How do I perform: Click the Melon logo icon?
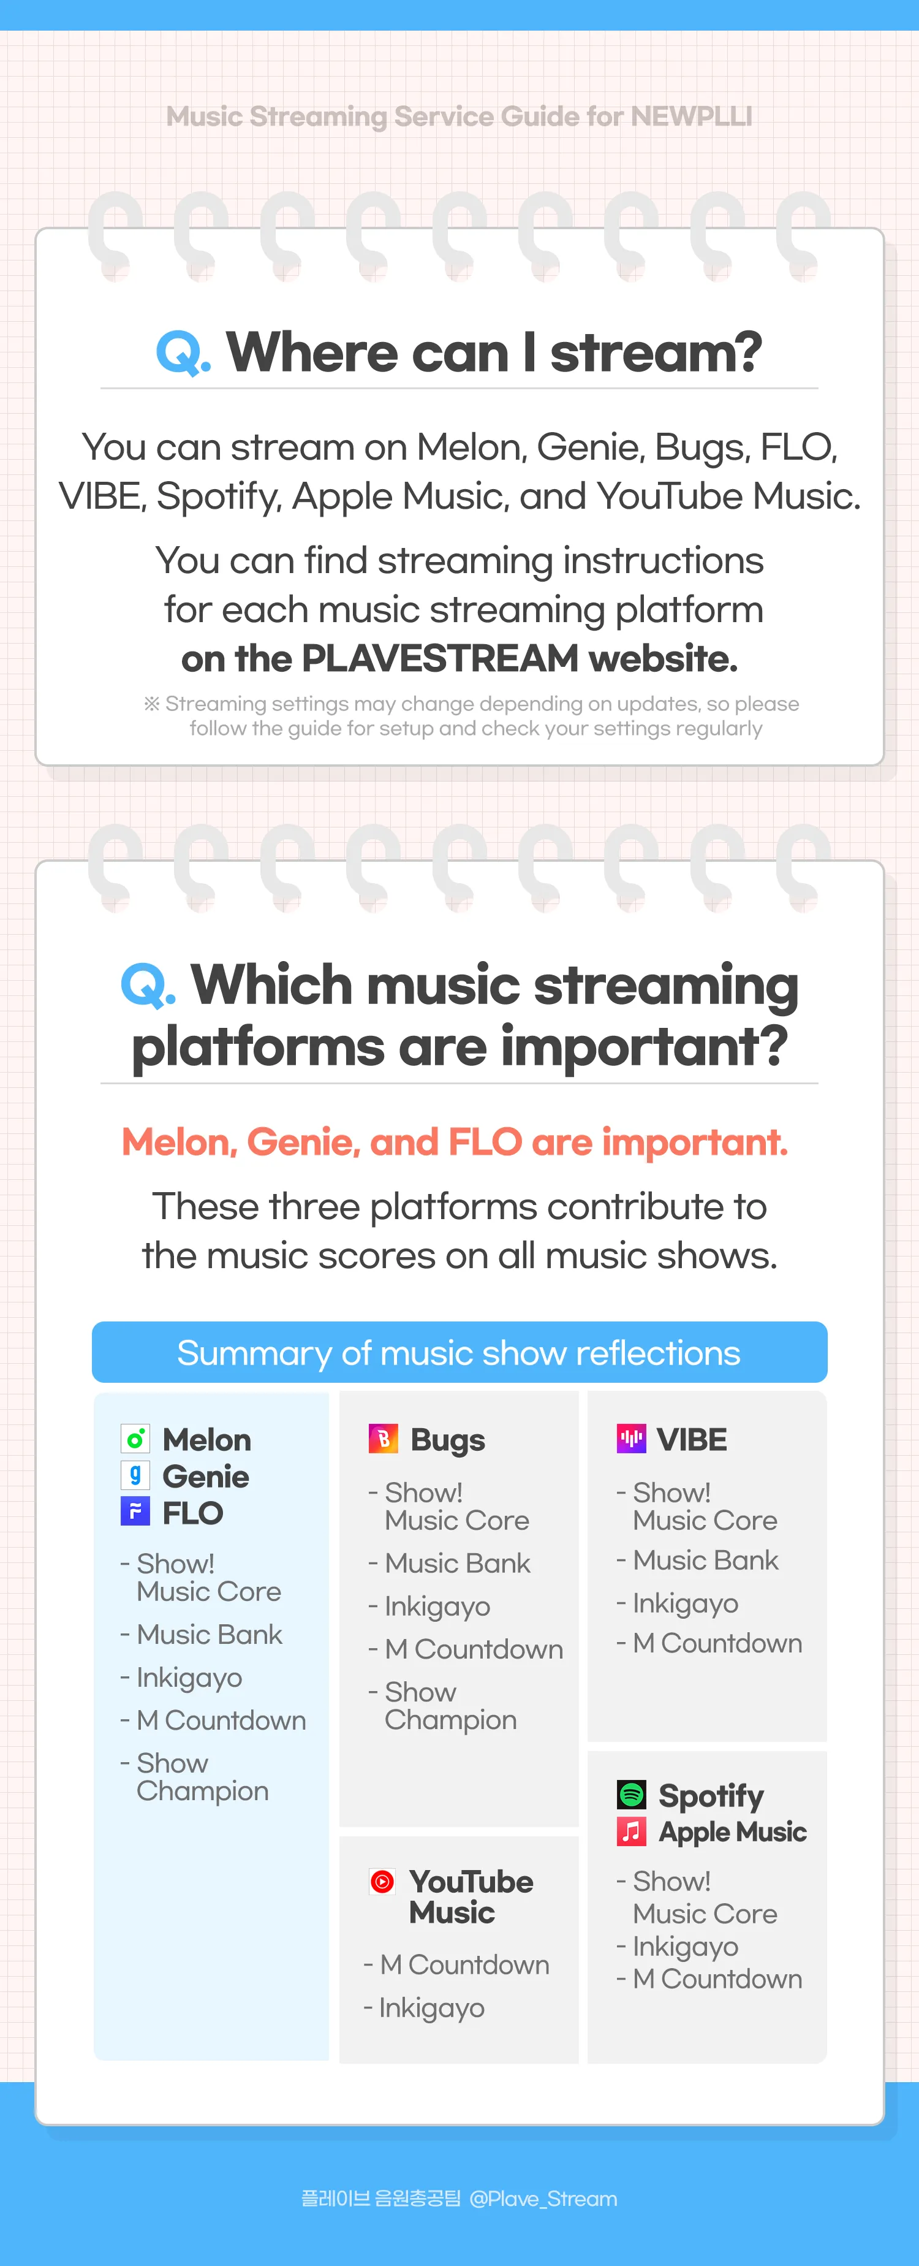pos(135,1439)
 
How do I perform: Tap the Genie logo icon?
pos(135,1475)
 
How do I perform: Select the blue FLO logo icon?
pos(135,1512)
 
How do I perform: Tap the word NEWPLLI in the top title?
pos(691,116)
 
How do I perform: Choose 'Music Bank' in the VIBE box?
pos(705,1561)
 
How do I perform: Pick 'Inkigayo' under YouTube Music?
pos(431,2008)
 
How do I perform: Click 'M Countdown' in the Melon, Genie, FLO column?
pos(221,1720)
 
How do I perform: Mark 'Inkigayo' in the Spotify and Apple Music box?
pos(685,1947)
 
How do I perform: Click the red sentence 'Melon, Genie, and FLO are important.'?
pos(455,1142)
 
